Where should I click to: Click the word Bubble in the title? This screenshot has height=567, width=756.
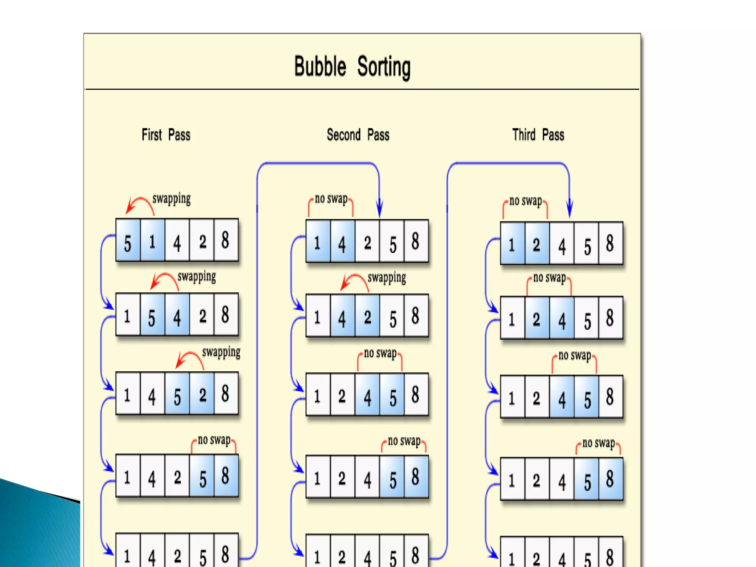[x=320, y=66]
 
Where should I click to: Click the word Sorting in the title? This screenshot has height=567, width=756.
[x=384, y=67]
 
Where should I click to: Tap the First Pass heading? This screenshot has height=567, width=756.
[x=166, y=135]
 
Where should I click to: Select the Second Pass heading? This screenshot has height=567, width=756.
[x=358, y=135]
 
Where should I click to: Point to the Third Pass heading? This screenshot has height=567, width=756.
[x=538, y=135]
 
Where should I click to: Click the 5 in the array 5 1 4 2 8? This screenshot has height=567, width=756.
[x=128, y=243]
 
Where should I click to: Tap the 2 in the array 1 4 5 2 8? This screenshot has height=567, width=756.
[x=202, y=395]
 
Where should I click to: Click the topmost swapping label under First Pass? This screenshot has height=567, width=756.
[x=172, y=199]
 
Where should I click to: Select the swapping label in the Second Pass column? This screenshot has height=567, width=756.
[x=386, y=278]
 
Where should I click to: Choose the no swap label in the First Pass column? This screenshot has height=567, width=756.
[x=214, y=440]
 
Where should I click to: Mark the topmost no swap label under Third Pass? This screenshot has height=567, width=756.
[x=526, y=201]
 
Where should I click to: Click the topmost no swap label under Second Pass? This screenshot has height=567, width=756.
[x=331, y=199]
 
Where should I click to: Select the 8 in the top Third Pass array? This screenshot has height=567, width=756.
[x=610, y=244]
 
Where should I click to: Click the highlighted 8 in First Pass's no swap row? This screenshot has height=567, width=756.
[x=225, y=476]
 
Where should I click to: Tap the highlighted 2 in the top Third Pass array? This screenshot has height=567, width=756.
[x=536, y=245]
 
